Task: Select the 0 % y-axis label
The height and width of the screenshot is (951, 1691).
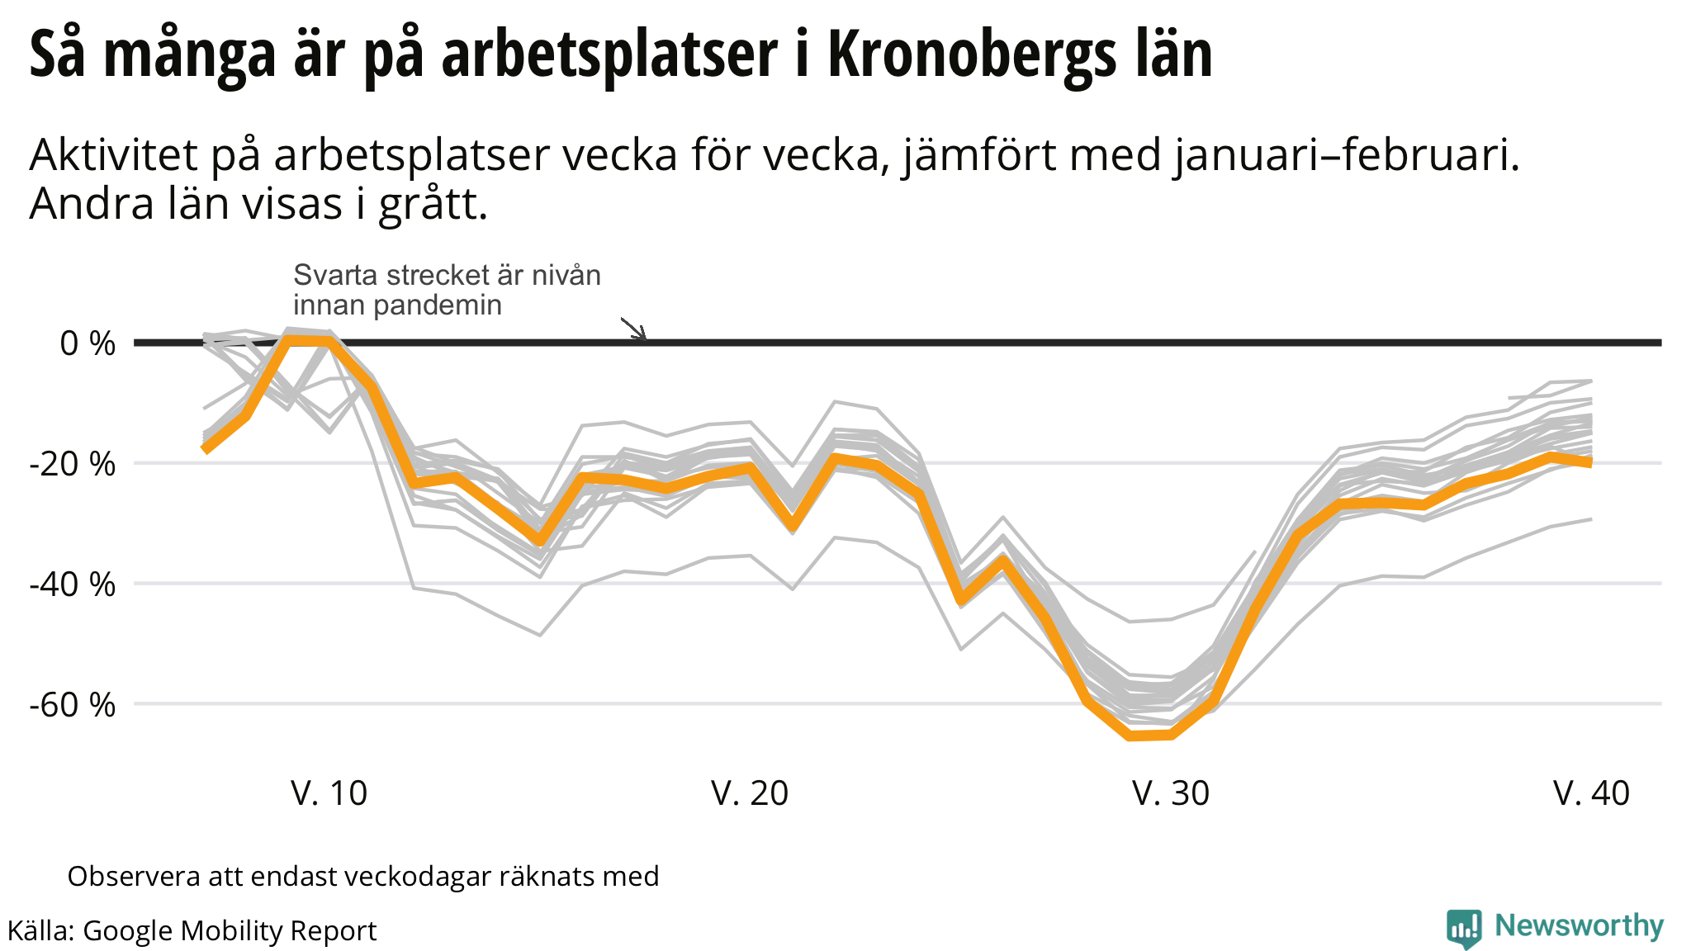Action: point(88,343)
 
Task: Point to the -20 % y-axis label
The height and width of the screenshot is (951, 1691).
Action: point(73,464)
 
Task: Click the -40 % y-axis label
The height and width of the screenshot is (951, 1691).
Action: point(73,584)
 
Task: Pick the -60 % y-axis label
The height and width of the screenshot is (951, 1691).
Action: point(73,705)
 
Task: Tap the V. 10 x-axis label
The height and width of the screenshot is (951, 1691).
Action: point(329,793)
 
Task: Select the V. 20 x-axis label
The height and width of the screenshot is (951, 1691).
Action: point(750,793)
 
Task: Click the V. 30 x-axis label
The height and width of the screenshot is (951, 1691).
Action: point(1171,793)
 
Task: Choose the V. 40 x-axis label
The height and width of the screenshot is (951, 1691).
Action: point(1591,793)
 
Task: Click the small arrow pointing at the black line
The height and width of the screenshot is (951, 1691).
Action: point(634,329)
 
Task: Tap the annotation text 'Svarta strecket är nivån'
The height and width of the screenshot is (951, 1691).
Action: point(447,275)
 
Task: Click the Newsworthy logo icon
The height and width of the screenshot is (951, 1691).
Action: point(1464,929)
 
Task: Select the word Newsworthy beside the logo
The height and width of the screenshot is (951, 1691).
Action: point(1579,926)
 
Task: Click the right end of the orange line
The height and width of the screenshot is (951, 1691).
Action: point(1590,462)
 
